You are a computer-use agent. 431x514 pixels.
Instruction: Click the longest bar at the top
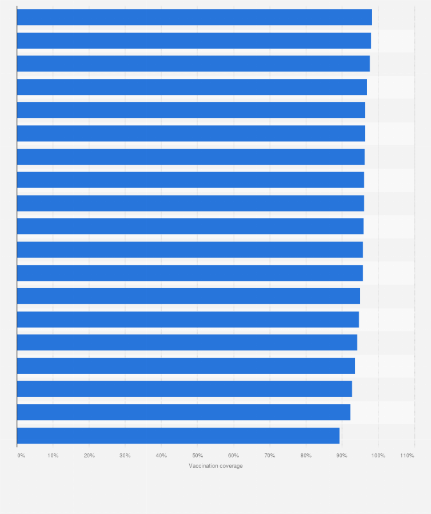[194, 17]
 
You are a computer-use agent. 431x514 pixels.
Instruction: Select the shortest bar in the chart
[178, 436]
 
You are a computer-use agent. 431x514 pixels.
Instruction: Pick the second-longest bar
[194, 41]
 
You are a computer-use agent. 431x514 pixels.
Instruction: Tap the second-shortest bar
[183, 412]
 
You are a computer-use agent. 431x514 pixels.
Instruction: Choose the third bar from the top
[193, 63]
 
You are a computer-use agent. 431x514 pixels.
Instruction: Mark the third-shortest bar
[184, 389]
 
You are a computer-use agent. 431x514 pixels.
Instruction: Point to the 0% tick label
[21, 455]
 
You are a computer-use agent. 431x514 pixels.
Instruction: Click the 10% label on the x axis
[53, 455]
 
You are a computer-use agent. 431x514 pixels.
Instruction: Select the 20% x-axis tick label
[89, 455]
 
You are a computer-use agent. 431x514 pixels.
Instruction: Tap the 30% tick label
[125, 455]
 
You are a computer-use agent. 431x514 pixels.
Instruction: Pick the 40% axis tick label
[161, 455]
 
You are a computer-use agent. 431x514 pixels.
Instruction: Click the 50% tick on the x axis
[197, 455]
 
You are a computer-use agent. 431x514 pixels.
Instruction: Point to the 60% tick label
[233, 455]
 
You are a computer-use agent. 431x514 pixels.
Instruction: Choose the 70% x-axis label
[270, 455]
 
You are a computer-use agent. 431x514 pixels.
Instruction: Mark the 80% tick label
[306, 455]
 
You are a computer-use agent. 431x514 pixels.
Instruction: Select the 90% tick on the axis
[342, 455]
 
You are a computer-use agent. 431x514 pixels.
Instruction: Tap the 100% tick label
[378, 455]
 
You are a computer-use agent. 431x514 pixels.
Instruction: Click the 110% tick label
[408, 455]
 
